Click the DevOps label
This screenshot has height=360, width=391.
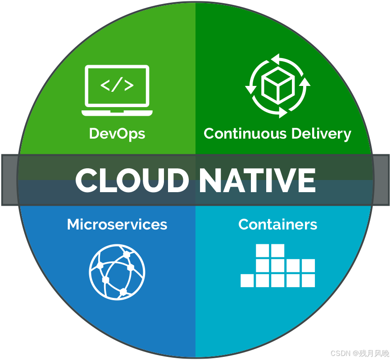click(117, 134)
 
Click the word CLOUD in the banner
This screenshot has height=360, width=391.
click(132, 180)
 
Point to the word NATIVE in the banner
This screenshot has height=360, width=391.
click(257, 180)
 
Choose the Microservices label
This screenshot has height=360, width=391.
click(117, 224)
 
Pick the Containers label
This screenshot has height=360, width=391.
click(277, 224)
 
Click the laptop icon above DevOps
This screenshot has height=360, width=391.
click(117, 90)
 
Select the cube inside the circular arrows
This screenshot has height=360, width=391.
click(278, 86)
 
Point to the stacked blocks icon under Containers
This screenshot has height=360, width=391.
click(278, 266)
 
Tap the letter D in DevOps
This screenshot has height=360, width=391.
click(95, 134)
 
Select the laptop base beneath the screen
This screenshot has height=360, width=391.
click(117, 112)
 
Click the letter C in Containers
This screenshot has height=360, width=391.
click(244, 224)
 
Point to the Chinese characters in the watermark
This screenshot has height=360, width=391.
click(372, 353)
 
